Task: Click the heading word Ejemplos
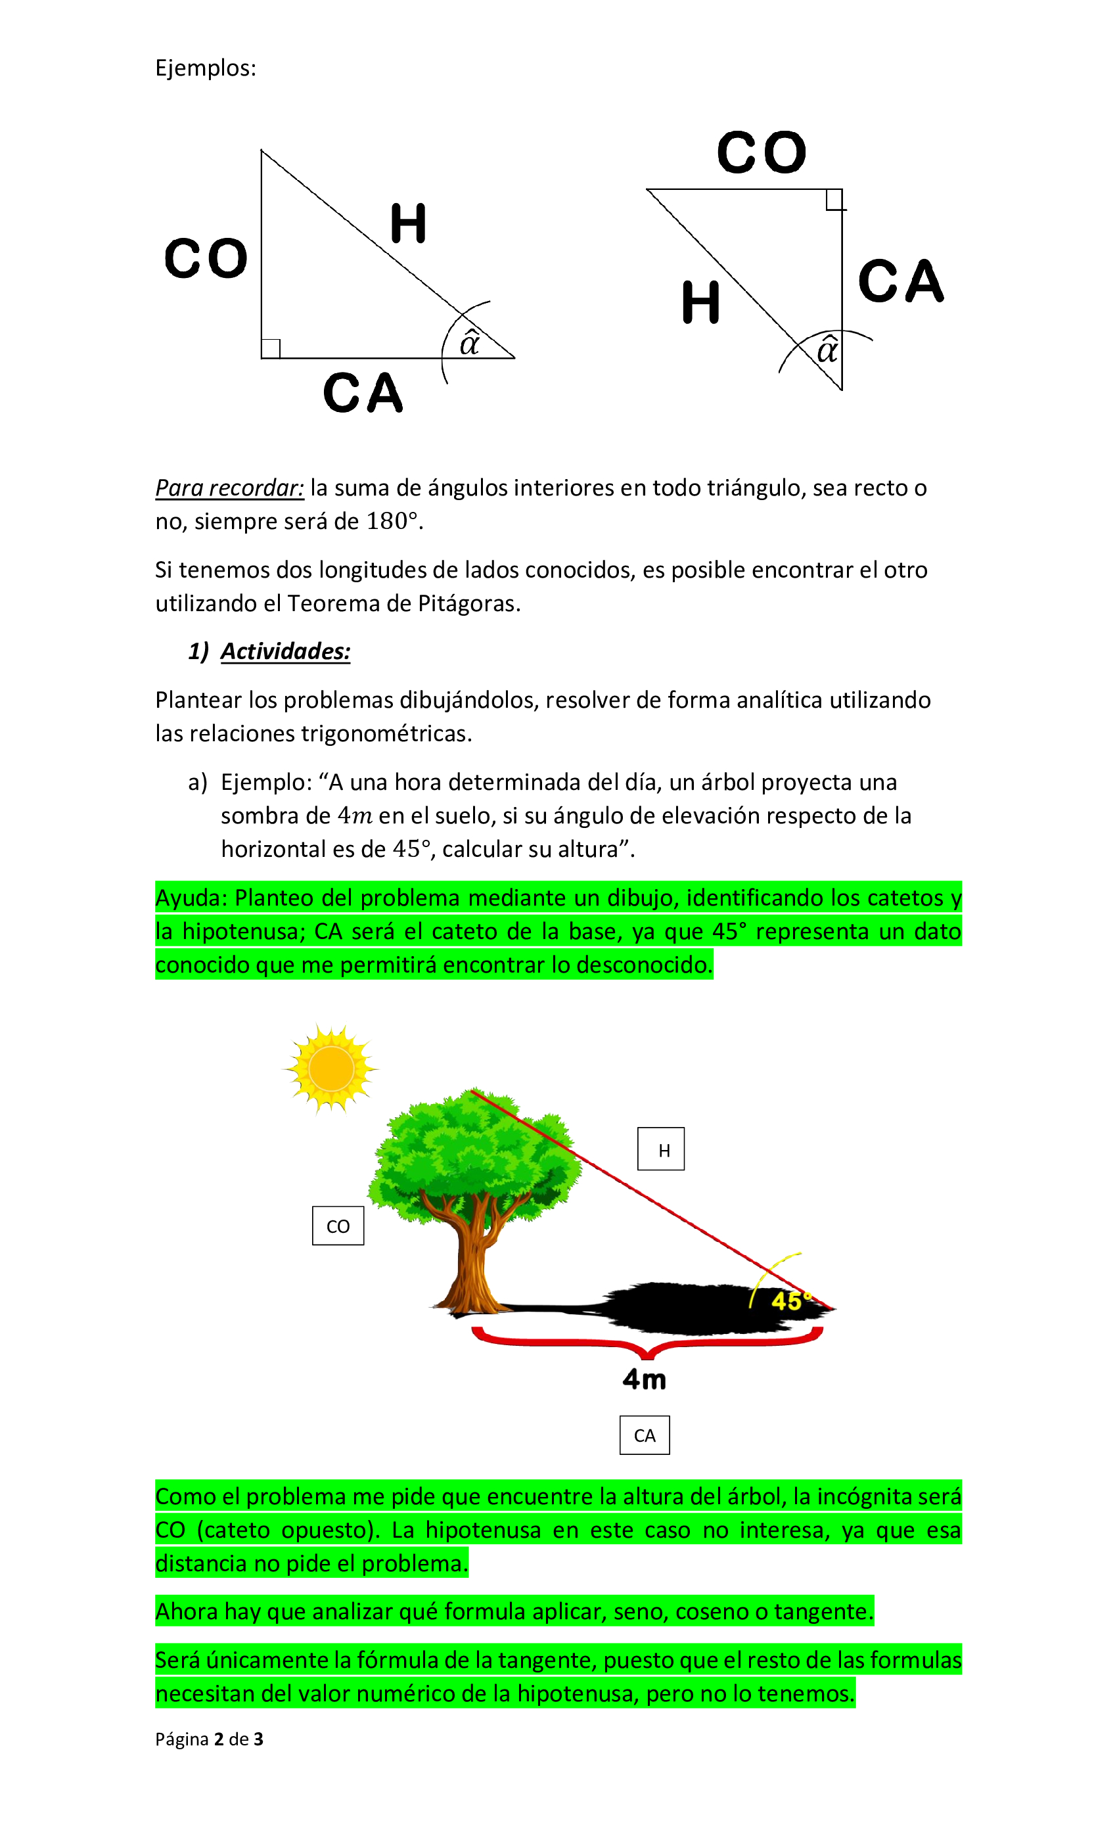pos(204,68)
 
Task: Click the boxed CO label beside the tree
pos(338,1226)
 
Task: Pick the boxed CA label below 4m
pos(644,1435)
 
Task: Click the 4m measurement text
pos(644,1379)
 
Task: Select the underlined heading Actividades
pos(285,651)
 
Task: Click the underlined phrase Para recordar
pos(229,488)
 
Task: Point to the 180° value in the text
pos(388,521)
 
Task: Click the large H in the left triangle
pos(407,223)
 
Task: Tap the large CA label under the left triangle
pos(363,393)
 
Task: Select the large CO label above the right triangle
pos(761,152)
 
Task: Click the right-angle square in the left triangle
pos(271,349)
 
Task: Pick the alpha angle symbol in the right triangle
pos(827,350)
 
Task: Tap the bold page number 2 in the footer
pos(219,1739)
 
